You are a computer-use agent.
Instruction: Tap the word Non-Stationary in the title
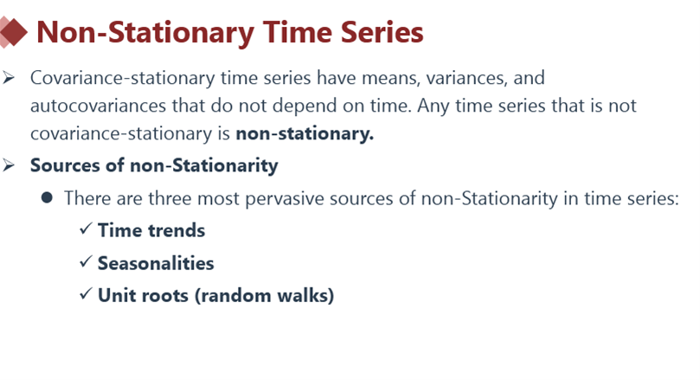145,33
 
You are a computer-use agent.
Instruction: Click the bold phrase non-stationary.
305,133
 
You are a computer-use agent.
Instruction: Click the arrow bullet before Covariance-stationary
9,78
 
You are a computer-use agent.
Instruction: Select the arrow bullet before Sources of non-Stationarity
9,165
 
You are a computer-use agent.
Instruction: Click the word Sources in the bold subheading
65,165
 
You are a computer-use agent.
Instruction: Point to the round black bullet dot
47,197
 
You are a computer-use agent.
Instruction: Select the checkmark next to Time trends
86,229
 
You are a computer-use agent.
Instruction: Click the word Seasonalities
156,263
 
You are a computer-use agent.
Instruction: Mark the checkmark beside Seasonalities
86,261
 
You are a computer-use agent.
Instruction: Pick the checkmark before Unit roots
86,293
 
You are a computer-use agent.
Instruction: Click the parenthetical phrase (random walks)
264,296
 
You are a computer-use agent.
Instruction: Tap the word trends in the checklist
177,230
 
